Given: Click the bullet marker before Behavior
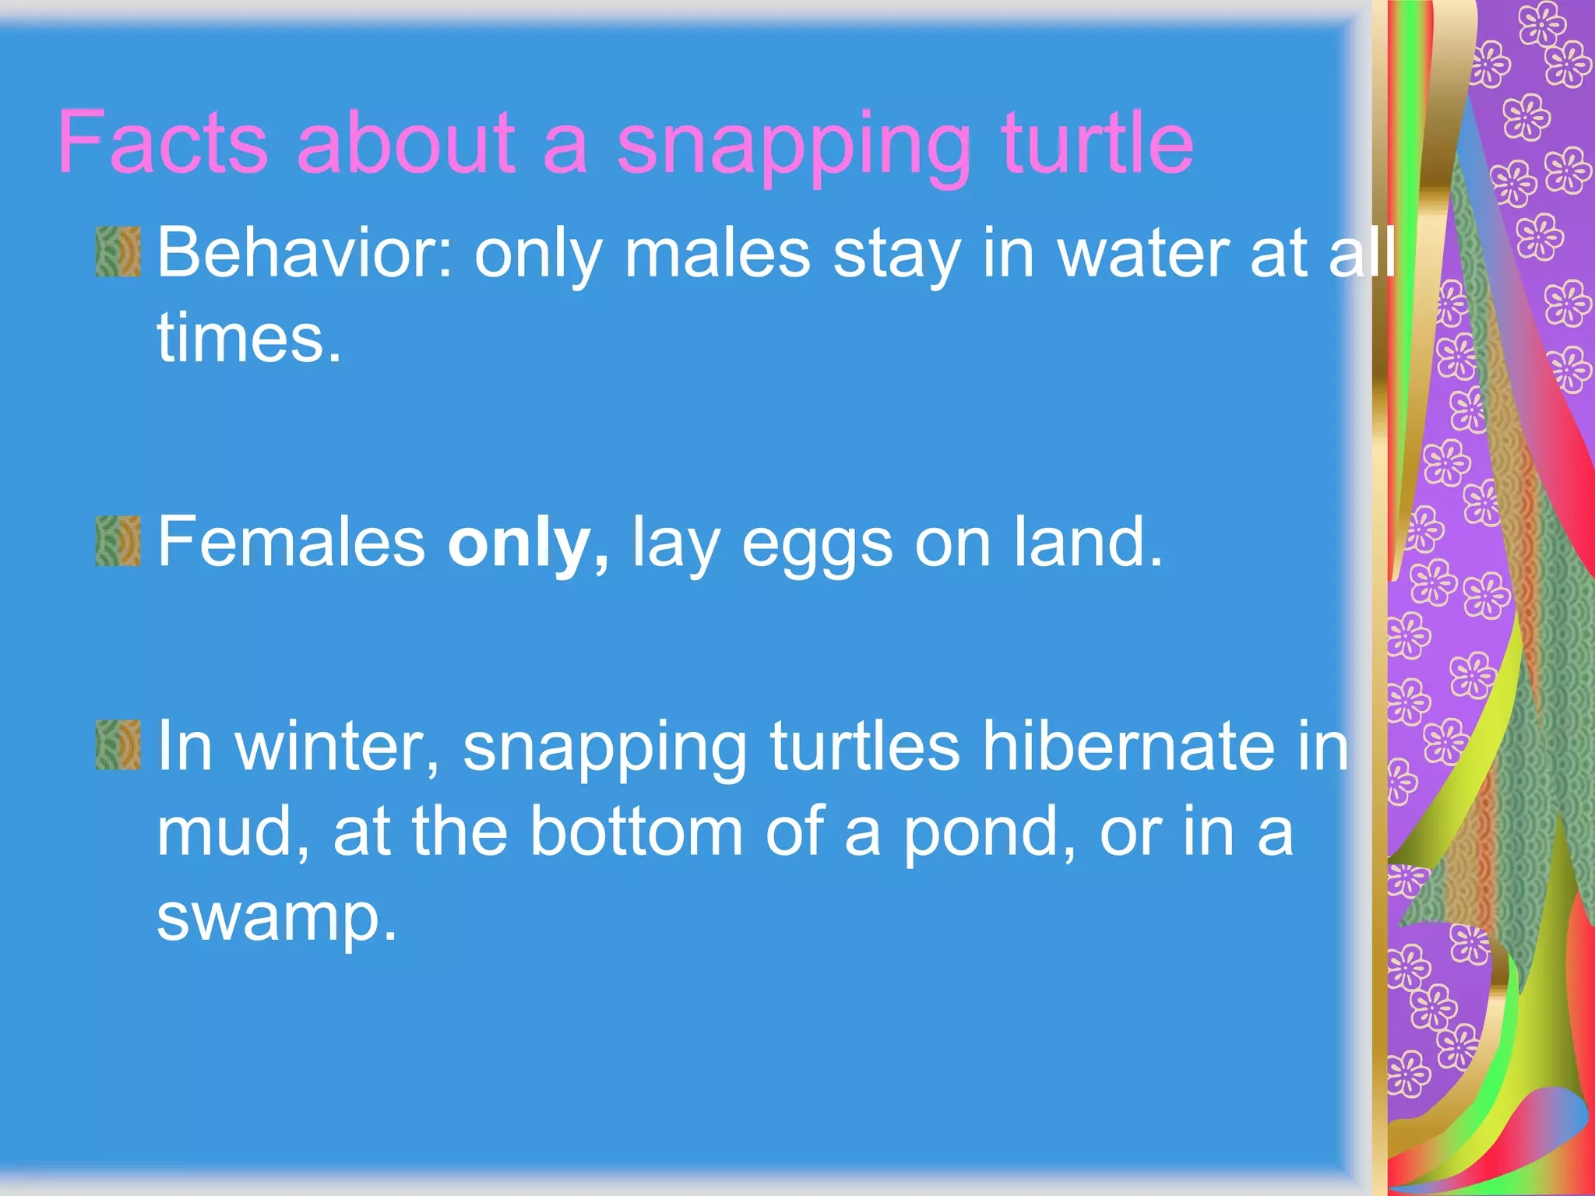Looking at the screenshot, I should pos(118,252).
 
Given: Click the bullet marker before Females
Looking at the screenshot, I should pos(118,540).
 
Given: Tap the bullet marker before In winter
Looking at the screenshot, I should pos(118,744).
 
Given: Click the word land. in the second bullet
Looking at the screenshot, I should pos(1087,542).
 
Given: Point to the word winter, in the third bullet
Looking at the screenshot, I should pos(337,747).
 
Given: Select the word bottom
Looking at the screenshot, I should pos(636,832).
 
